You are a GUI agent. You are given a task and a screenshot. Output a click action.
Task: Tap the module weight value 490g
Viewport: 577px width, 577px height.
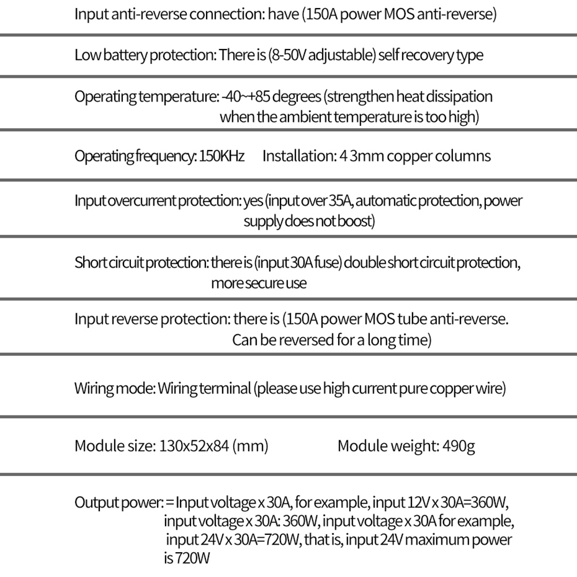pyautogui.click(x=459, y=446)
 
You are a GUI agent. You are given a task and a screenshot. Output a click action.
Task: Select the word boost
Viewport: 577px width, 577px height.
pyautogui.click(x=355, y=222)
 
